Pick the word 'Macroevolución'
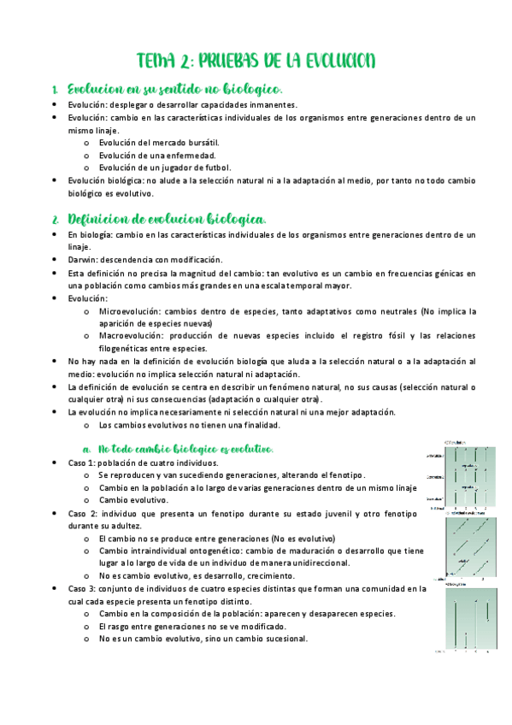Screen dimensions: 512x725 130,337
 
